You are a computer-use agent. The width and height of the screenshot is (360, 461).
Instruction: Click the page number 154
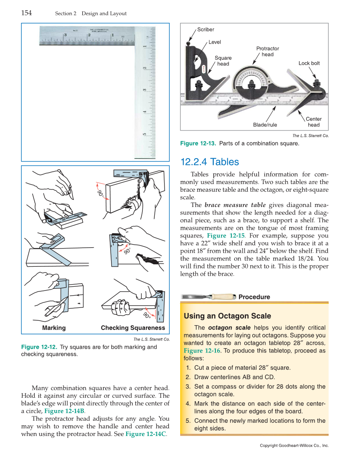tap(27, 13)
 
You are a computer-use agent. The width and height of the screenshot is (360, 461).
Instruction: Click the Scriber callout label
tap(206, 30)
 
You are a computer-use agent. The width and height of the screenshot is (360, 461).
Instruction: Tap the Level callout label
tap(215, 42)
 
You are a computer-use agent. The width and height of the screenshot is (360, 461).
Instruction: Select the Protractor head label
tap(268, 51)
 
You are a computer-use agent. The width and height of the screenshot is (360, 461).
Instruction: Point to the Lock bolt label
tap(309, 63)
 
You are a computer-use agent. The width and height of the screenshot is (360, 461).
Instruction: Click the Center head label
tap(314, 122)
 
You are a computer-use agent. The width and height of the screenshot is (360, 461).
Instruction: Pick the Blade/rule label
tap(265, 125)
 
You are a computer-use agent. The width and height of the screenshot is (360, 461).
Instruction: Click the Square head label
tap(223, 61)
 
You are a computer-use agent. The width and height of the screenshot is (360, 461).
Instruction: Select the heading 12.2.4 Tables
tap(209, 162)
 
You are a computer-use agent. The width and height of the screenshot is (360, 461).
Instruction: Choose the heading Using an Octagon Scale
tap(227, 316)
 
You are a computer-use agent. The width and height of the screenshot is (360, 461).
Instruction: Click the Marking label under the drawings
tap(54, 328)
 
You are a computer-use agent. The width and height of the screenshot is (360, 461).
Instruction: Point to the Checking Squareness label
tap(133, 328)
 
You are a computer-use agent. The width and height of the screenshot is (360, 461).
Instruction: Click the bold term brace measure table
tap(235, 205)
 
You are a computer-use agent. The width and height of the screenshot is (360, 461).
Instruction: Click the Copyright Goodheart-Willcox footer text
tap(294, 445)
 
